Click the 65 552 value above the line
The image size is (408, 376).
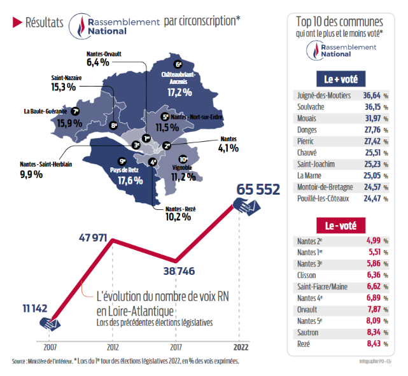258,190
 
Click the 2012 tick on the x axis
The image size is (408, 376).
112,349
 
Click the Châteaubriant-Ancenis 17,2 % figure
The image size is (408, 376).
180,92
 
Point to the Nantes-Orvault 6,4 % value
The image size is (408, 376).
98,62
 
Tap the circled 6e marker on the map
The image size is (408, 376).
178,64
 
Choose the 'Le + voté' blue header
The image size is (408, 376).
341,80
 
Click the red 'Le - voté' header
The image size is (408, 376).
341,226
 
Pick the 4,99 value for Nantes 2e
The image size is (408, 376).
374,241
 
